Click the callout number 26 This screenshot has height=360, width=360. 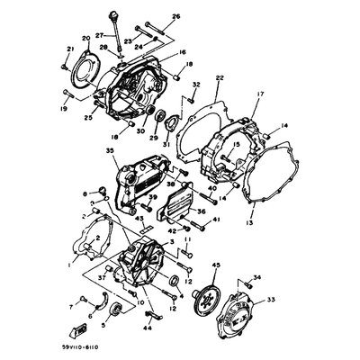(x=175, y=16)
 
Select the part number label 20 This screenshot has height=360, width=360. (x=85, y=38)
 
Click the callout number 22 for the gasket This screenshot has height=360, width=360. (x=219, y=80)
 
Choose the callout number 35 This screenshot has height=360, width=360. (x=110, y=153)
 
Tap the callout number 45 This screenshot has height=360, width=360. (x=216, y=265)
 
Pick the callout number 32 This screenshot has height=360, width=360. (x=194, y=84)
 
